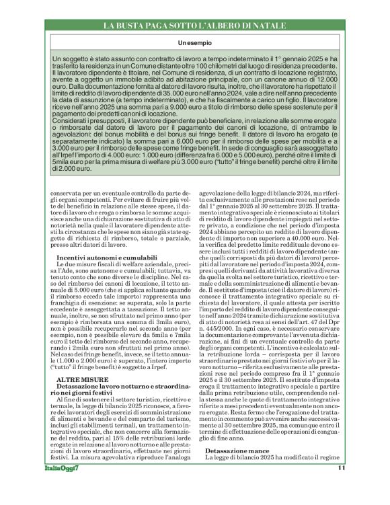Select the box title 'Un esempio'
pos(195,43)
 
